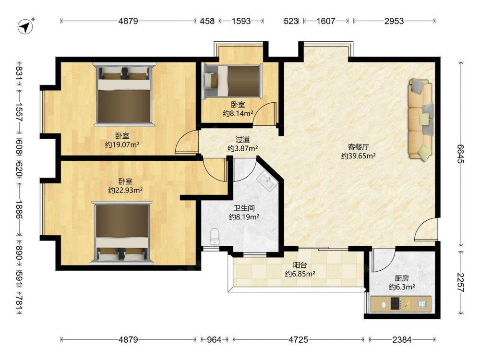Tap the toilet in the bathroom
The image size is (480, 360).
click(x=215, y=236)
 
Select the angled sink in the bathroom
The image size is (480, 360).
click(x=267, y=181)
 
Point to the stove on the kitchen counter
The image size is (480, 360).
click(x=396, y=304)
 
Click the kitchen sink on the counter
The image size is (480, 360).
click(x=422, y=304)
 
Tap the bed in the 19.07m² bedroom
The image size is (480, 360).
click(x=124, y=94)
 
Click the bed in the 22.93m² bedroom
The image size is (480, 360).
click(x=122, y=233)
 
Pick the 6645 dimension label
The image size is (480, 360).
click(x=460, y=154)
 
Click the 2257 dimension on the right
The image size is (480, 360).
click(x=460, y=282)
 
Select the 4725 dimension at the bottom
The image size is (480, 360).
click(x=299, y=339)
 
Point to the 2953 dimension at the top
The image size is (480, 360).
click(x=394, y=21)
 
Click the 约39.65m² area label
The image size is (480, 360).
click(x=359, y=156)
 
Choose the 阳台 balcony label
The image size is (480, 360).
click(x=300, y=265)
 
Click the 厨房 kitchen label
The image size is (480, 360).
click(x=402, y=278)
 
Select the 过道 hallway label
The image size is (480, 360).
click(x=242, y=140)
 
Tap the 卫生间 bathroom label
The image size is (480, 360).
click(x=244, y=208)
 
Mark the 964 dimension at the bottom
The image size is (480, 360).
click(x=214, y=339)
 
